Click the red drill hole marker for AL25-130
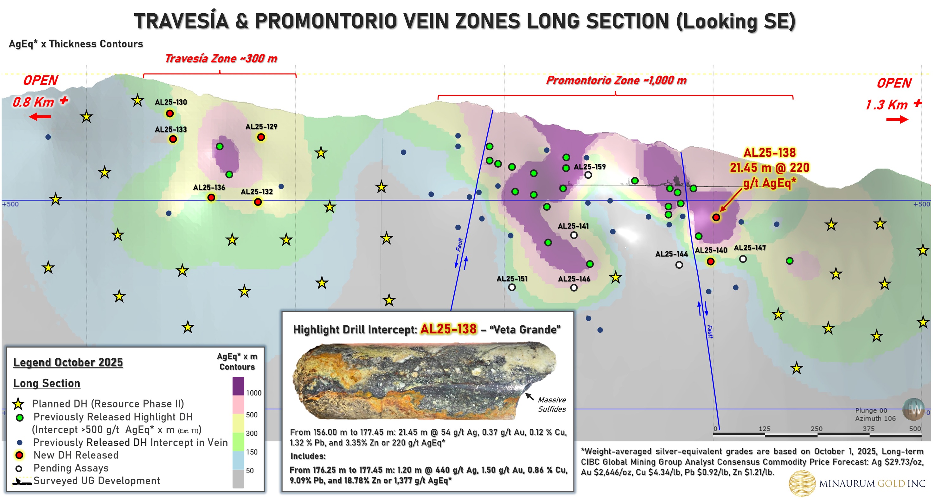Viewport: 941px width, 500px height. [x=170, y=113]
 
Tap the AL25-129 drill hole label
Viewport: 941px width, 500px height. [x=261, y=127]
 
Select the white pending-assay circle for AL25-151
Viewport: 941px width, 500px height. [x=512, y=287]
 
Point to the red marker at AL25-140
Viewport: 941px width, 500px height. [x=710, y=261]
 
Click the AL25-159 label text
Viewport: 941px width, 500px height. [x=590, y=167]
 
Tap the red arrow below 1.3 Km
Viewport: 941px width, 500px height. [x=897, y=119]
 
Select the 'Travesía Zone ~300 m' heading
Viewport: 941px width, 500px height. [x=221, y=58]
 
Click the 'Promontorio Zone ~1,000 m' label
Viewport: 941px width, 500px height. [x=616, y=80]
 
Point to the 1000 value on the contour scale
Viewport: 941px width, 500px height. [x=253, y=393]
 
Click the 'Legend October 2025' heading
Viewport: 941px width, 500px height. [x=68, y=362]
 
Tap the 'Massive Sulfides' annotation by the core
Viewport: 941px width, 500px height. [x=552, y=404]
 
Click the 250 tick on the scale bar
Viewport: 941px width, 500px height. [x=816, y=429]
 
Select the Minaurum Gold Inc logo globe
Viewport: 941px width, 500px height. [x=802, y=483]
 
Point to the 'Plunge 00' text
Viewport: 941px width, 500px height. [x=871, y=411]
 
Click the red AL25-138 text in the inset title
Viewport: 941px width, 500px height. [x=448, y=329]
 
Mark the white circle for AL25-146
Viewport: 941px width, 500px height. [x=574, y=287]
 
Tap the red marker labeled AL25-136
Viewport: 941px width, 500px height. [x=211, y=198]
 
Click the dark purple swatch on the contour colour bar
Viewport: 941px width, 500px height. [x=238, y=386]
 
